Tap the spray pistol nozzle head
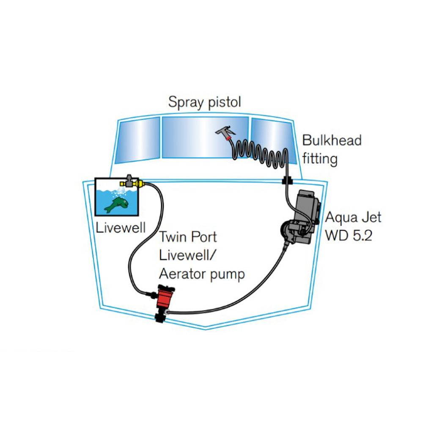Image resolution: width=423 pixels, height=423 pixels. [x=223, y=132]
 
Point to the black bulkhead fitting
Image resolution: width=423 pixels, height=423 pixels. [x=287, y=181]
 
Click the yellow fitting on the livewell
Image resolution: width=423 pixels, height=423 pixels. [x=131, y=183]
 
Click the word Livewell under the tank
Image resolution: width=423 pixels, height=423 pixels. [x=121, y=228]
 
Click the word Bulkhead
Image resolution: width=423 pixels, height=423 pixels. [x=332, y=140]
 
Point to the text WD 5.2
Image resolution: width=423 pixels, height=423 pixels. [x=348, y=235]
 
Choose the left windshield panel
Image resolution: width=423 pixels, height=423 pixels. [x=138, y=140]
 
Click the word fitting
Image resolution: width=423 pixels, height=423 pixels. [x=320, y=159]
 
